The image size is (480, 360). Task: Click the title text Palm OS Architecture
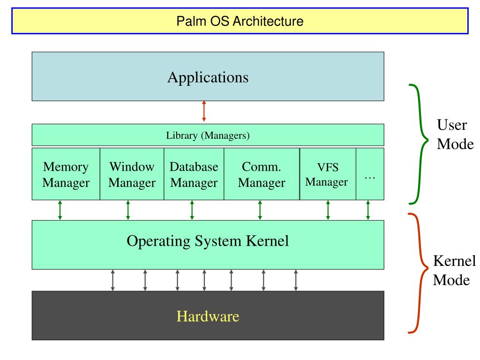240,21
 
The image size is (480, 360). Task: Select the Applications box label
208,77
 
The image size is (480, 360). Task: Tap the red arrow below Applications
204,111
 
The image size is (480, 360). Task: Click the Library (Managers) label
208,135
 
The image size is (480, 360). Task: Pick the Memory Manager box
66,174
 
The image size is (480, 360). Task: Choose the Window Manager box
132,174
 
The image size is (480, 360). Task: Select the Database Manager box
194,174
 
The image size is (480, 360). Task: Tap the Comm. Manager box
262,174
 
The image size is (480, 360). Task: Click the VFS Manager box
328,174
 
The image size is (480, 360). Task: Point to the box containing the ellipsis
370,174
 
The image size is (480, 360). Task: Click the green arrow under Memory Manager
60,210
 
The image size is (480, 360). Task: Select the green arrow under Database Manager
192,210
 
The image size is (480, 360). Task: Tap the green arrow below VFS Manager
328,210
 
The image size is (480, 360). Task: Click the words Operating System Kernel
208,241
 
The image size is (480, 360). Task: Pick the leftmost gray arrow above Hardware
112,280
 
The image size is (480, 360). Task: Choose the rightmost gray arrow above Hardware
296,280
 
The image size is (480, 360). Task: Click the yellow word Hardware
208,316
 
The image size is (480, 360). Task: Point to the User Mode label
455,135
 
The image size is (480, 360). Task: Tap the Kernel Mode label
454,270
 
